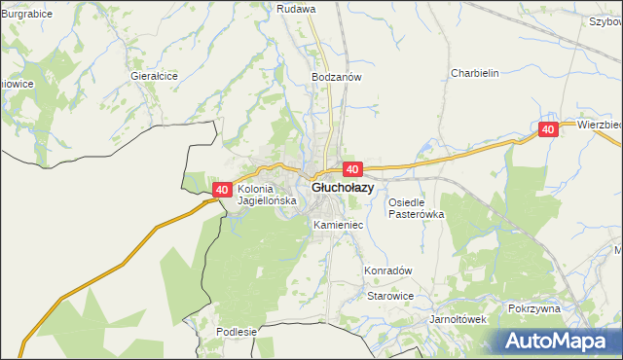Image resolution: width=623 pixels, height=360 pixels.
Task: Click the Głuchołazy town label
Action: [x=341, y=188]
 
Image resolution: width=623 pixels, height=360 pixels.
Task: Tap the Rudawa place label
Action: [x=296, y=9]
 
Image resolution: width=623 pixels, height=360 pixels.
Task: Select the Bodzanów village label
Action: [x=337, y=77]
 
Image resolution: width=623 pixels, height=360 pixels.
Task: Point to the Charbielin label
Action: [x=474, y=73]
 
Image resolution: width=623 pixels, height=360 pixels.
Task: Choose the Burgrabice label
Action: [x=26, y=15]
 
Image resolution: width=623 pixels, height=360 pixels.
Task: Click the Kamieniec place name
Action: [x=339, y=225]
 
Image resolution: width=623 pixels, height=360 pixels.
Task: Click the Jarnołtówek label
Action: [x=458, y=318]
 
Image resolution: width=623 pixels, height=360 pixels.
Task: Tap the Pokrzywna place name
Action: [x=534, y=308]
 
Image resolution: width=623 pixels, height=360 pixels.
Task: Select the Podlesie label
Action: [x=237, y=332]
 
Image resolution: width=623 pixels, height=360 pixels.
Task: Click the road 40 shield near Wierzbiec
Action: [x=548, y=129]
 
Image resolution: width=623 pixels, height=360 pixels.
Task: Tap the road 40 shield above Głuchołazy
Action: [x=352, y=169]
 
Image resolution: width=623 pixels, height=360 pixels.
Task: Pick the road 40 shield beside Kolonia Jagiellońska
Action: [x=222, y=191]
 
